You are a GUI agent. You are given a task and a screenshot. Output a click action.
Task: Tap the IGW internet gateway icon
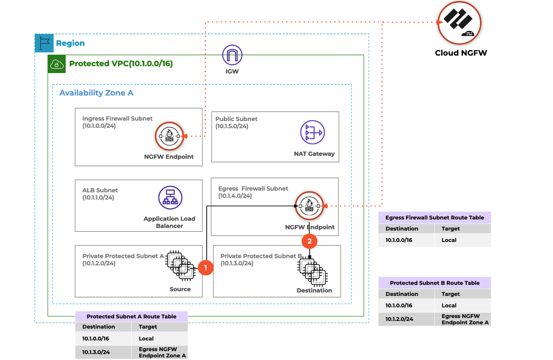(232, 55)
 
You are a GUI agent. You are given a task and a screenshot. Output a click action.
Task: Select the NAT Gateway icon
(312, 132)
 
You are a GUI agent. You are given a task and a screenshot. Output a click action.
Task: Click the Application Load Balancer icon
(170, 198)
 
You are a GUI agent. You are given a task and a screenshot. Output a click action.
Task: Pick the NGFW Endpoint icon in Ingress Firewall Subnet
(169, 136)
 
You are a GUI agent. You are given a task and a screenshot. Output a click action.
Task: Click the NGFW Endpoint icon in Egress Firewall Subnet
(309, 206)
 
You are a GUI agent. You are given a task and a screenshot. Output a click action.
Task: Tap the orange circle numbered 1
(206, 267)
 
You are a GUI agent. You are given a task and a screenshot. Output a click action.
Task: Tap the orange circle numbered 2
(309, 241)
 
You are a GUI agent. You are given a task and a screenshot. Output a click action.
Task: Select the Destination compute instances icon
(312, 272)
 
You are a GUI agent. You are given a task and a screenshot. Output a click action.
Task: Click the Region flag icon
(44, 43)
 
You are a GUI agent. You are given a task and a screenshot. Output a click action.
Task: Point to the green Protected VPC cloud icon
(56, 64)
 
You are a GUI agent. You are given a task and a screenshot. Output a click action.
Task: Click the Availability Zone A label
(96, 93)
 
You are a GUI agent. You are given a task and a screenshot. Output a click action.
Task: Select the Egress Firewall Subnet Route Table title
(434, 217)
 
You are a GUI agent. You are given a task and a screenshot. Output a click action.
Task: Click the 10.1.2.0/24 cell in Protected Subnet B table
(399, 319)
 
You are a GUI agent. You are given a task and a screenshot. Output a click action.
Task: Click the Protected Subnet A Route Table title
(131, 316)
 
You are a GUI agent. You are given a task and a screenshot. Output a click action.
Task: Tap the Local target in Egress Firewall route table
(449, 240)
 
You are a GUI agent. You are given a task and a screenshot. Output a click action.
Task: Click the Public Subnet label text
(236, 119)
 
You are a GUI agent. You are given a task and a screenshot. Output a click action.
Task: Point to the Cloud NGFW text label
(461, 53)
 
